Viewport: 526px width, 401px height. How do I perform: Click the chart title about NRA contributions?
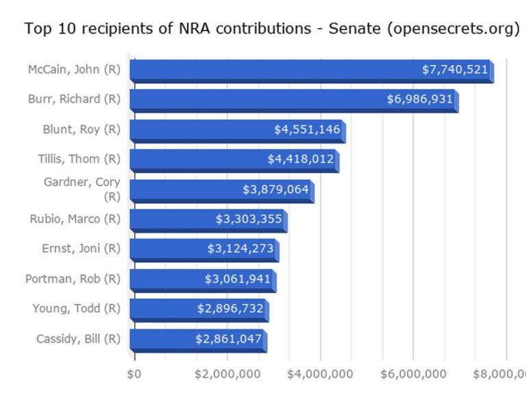[272, 29]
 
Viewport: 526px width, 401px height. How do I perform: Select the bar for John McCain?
[274, 70]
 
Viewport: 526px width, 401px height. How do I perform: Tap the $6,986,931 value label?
[420, 100]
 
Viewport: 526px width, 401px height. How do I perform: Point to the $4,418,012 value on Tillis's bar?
[301, 159]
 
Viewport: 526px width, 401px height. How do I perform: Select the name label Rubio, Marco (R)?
[75, 219]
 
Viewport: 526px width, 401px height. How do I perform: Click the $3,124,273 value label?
[240, 249]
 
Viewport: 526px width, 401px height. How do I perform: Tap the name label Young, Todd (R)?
[76, 309]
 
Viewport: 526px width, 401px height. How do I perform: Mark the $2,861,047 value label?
[228, 339]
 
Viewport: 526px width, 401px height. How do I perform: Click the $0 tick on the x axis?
[134, 374]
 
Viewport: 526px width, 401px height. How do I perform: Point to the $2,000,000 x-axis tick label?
[227, 374]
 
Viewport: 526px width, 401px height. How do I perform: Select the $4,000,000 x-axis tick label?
[320, 374]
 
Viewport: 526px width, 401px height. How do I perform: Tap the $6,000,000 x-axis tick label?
[413, 374]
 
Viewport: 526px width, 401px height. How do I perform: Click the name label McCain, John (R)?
[74, 70]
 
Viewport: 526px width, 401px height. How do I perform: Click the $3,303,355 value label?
[249, 219]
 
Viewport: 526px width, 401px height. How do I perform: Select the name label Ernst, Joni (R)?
[81, 249]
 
